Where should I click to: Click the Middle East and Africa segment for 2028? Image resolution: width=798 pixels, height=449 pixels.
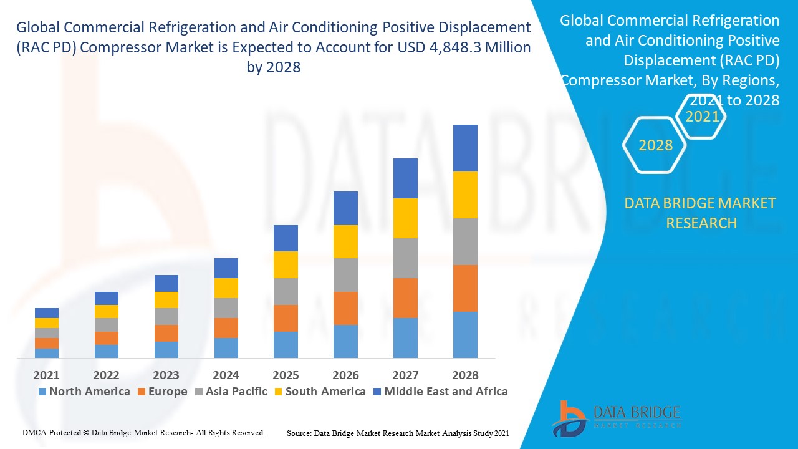pos(465,148)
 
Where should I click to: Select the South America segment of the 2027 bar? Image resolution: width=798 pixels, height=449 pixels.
pos(405,218)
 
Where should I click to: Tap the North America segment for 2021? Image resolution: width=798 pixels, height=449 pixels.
pos(47,353)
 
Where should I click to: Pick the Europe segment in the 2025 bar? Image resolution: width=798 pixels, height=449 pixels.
pos(286,318)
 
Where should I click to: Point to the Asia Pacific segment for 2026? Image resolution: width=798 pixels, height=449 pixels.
pos(345,275)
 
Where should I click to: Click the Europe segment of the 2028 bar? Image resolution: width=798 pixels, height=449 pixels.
pos(465,288)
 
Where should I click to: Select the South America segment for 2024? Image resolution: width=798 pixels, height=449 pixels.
pos(226,288)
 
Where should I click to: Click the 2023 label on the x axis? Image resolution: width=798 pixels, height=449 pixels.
pos(166,375)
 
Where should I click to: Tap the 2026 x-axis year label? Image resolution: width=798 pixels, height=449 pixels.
pos(345,375)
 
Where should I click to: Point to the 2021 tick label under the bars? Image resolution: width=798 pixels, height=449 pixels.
pos(47,375)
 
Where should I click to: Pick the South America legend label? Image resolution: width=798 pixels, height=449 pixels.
pos(325,392)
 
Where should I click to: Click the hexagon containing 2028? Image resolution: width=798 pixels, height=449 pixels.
pos(655,145)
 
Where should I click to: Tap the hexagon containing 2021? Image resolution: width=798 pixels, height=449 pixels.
pos(702,117)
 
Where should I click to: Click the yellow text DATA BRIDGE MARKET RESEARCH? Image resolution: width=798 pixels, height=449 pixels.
pos(701,213)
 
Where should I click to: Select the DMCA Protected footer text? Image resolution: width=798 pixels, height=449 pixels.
pos(144,432)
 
